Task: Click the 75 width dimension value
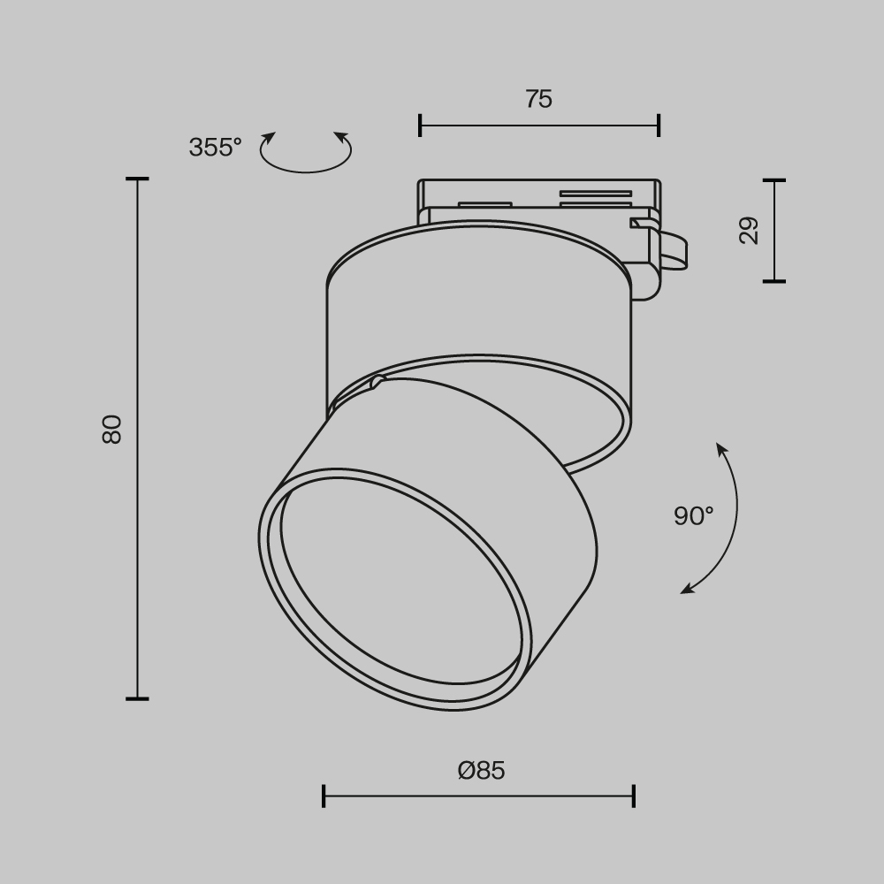(538, 99)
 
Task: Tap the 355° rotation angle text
(215, 148)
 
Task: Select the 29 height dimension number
(749, 230)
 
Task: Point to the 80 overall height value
(112, 429)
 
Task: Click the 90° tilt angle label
(693, 516)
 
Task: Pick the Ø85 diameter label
(482, 771)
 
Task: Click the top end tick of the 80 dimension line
(137, 179)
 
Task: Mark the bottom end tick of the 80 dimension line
(137, 698)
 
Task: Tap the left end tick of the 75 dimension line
(420, 126)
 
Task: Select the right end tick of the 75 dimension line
(659, 126)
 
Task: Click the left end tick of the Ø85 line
(324, 796)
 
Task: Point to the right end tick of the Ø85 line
(634, 796)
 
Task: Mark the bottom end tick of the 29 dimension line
(774, 281)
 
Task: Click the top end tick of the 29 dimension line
(774, 180)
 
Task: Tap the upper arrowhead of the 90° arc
(721, 449)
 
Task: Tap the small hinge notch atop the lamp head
(378, 382)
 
